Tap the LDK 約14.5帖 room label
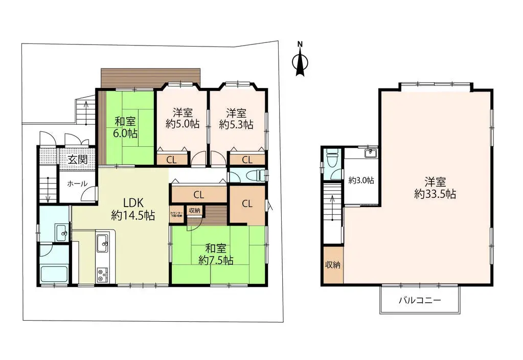(x=133, y=209)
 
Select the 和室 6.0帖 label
(x=125, y=127)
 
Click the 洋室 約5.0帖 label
(x=182, y=118)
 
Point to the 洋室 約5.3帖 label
(x=236, y=118)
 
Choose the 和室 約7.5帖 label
(x=216, y=254)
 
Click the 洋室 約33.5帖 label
(x=435, y=188)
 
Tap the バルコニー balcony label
(x=420, y=300)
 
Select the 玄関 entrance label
(x=77, y=159)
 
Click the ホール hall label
(x=77, y=184)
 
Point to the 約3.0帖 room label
(x=361, y=180)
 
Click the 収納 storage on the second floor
(x=333, y=265)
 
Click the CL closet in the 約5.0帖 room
(x=171, y=160)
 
